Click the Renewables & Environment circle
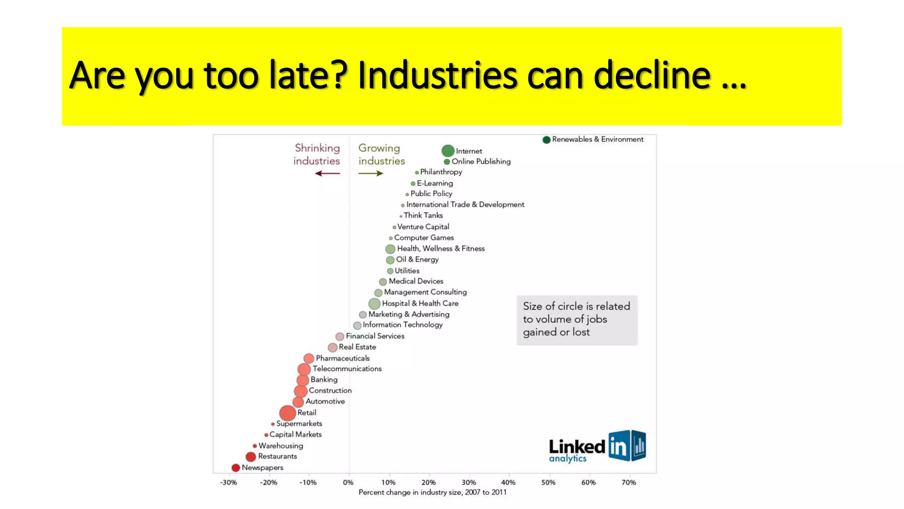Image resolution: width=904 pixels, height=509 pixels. (546, 140)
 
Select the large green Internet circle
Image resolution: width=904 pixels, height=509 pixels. (448, 151)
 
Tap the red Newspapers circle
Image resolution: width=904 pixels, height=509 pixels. (236, 467)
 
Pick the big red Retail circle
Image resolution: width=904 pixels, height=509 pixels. (287, 413)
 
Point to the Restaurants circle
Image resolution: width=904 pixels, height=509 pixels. (251, 456)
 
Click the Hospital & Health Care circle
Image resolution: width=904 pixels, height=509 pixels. (374, 304)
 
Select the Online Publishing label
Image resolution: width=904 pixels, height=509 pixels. (481, 162)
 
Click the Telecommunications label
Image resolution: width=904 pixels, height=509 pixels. (347, 368)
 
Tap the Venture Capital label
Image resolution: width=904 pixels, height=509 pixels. (423, 227)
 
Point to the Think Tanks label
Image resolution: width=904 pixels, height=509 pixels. (423, 216)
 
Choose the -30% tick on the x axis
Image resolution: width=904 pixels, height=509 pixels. (229, 482)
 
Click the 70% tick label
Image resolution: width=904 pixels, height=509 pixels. (629, 482)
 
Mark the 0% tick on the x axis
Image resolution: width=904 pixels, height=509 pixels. (348, 482)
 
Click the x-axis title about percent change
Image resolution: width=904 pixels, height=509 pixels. (433, 492)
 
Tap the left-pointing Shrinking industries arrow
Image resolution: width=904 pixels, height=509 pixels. (328, 174)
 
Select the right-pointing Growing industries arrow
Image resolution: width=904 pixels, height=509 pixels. (371, 174)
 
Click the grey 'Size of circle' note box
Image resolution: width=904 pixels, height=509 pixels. (577, 320)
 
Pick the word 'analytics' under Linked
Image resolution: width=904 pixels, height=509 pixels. (568, 459)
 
